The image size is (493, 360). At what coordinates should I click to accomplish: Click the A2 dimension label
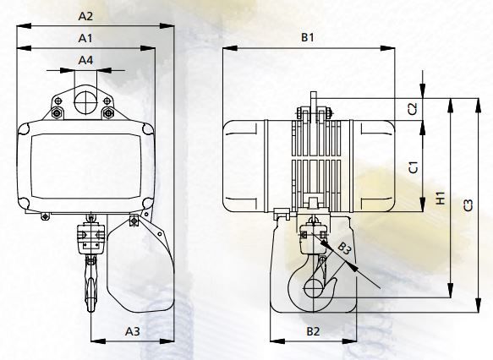tap(85, 16)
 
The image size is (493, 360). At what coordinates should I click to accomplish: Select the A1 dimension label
tap(85, 38)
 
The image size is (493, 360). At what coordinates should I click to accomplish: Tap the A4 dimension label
tap(85, 60)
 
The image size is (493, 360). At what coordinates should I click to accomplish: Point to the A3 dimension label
tap(133, 331)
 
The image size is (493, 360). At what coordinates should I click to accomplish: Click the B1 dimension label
tap(308, 37)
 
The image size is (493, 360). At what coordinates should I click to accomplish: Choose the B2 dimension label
tap(313, 331)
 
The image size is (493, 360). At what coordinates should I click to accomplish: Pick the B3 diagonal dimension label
tap(344, 248)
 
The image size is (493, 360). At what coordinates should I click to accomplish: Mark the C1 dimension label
tap(413, 167)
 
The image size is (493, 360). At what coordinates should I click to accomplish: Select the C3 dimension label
tap(468, 205)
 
